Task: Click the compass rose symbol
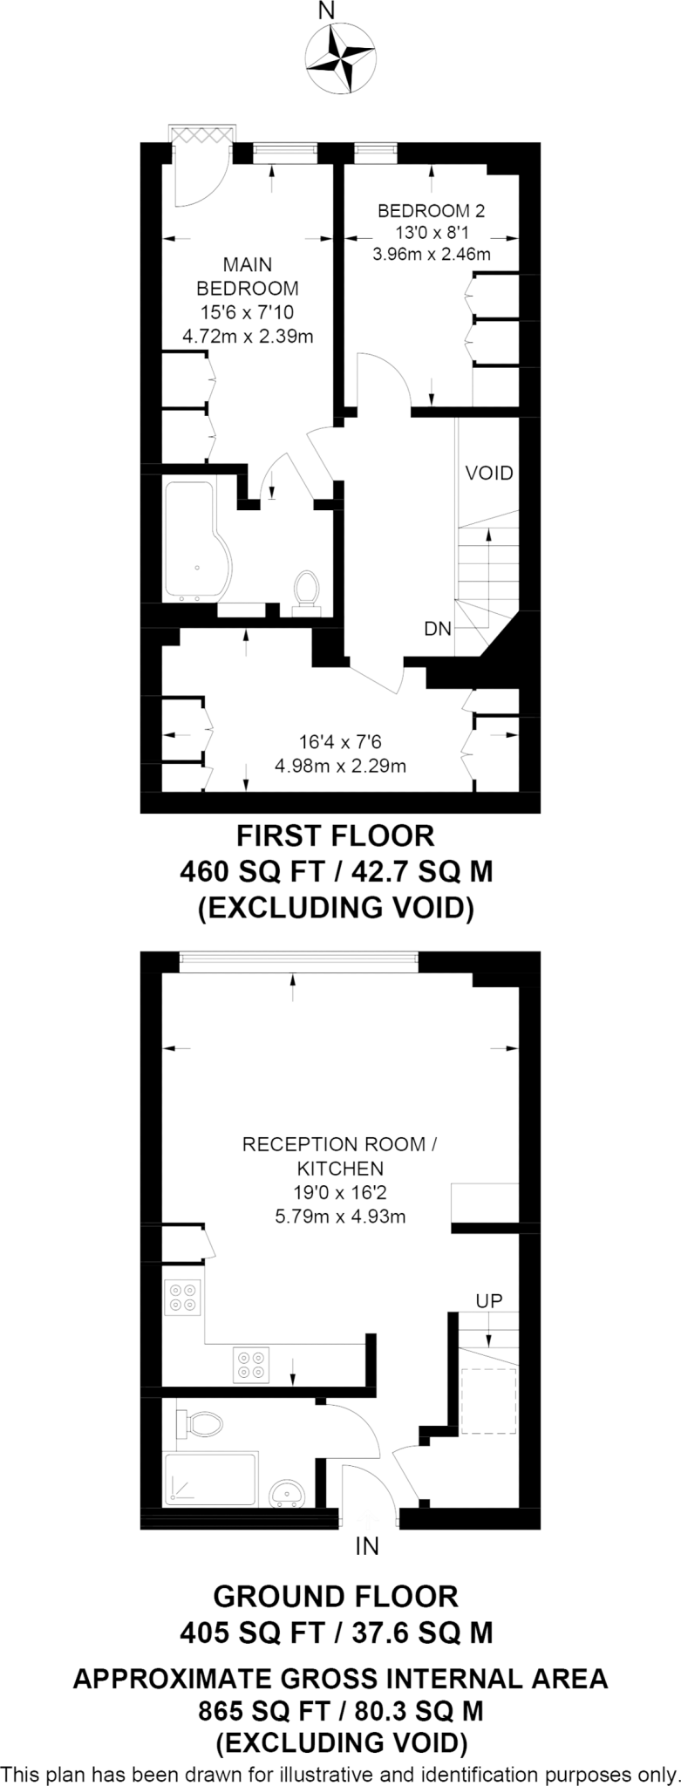[x=341, y=58]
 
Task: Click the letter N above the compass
[x=327, y=11]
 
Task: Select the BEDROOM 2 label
[x=431, y=210]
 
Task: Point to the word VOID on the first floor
[x=489, y=474]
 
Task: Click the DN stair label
[x=438, y=629]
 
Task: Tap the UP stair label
[x=489, y=1300]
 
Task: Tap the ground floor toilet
[x=200, y=1425]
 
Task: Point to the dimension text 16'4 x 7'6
[x=340, y=743]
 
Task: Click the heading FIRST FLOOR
[x=336, y=836]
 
